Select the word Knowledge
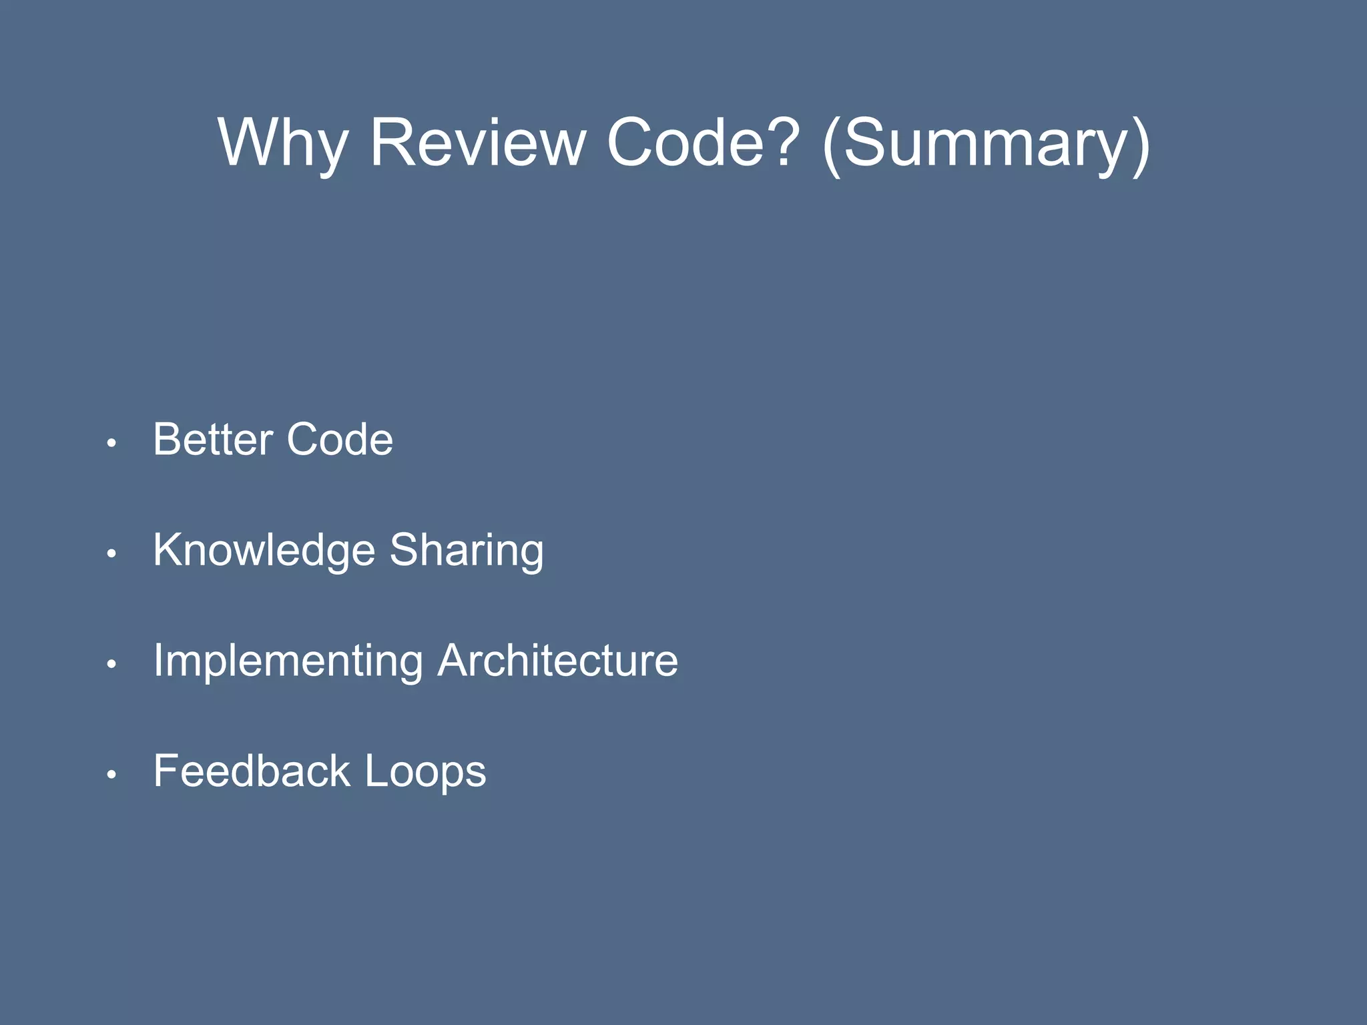click(x=264, y=551)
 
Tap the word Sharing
click(x=467, y=551)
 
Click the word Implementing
click(x=288, y=661)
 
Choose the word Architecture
click(x=558, y=661)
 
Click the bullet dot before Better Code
click(x=111, y=442)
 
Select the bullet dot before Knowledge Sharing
click(x=111, y=553)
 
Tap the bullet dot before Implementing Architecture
click(x=111, y=664)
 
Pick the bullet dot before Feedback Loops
click(x=111, y=774)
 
